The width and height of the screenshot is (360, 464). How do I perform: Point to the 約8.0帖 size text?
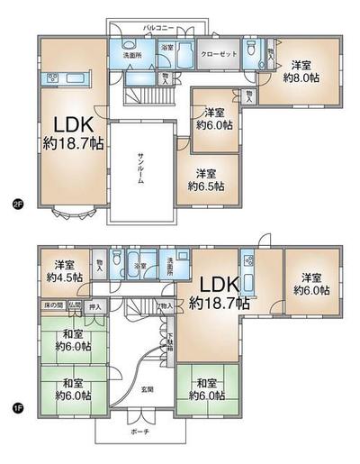point(300,78)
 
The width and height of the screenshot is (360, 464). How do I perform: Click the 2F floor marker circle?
point(16,202)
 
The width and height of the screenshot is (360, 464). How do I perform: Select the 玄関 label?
point(146,389)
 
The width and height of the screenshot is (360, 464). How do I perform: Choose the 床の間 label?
point(52,306)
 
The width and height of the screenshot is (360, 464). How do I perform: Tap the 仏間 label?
point(75,306)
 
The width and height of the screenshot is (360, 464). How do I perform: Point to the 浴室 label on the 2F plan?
point(167,46)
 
